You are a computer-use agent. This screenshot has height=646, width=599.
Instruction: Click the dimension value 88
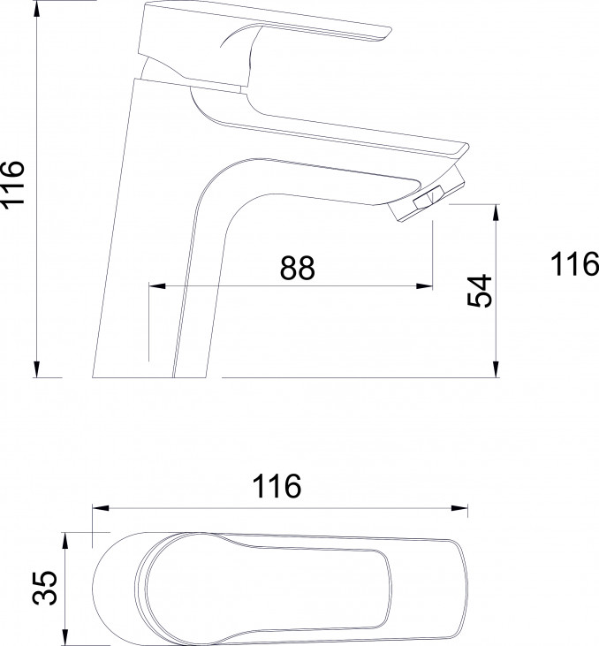coord(297,268)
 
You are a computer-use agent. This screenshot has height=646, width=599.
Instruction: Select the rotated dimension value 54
coord(480,291)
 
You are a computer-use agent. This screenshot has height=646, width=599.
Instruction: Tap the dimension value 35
coord(44,588)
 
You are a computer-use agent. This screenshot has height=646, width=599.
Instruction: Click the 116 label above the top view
coord(277,486)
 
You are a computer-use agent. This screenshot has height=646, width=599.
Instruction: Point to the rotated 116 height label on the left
coord(12,184)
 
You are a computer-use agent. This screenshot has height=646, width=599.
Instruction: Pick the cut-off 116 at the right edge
coord(575,263)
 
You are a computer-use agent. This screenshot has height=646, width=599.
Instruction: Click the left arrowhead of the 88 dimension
coord(157,285)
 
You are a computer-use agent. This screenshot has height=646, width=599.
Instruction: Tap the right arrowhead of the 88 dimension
coord(424,285)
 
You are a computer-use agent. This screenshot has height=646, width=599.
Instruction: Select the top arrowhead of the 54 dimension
coord(496,212)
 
